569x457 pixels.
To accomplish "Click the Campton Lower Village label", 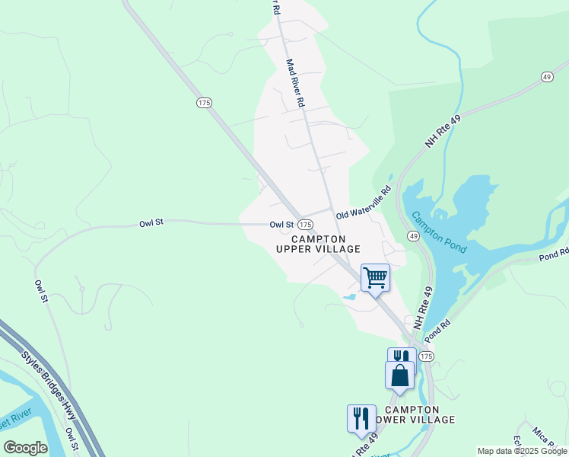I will pyautogui.click(x=412, y=414).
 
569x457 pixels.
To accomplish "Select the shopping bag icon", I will pyautogui.click(x=400, y=376).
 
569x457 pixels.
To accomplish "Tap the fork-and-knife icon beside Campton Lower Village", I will pyautogui.click(x=360, y=418).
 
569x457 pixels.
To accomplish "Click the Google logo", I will pyautogui.click(x=24, y=448).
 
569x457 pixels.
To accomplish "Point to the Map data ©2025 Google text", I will pyautogui.click(x=522, y=451).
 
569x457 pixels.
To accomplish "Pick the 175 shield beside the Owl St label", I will pyautogui.click(x=305, y=225).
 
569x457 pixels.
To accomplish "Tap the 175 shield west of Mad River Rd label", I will pyautogui.click(x=203, y=102).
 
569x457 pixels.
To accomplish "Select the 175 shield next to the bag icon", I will pyautogui.click(x=426, y=356).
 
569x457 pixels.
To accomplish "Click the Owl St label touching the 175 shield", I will pyautogui.click(x=281, y=225).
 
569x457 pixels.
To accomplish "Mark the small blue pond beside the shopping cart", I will pyautogui.click(x=349, y=296).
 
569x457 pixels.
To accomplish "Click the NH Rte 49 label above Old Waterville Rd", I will pyautogui.click(x=443, y=128).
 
